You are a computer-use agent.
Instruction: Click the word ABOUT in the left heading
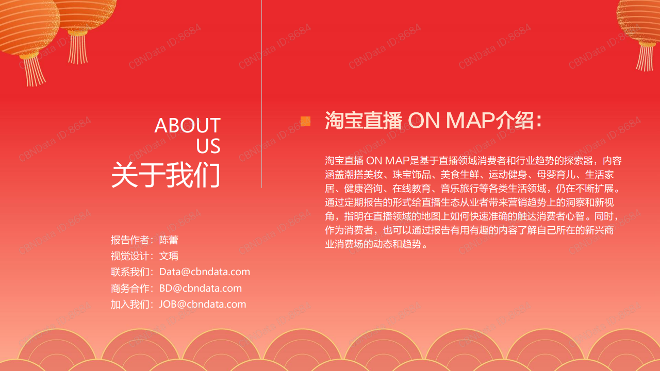pyautogui.click(x=187, y=125)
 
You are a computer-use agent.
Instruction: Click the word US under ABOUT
pyautogui.click(x=208, y=146)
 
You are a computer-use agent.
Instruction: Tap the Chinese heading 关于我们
pyautogui.click(x=166, y=175)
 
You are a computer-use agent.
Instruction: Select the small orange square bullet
pyautogui.click(x=305, y=121)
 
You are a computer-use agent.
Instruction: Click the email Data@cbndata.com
pyautogui.click(x=205, y=272)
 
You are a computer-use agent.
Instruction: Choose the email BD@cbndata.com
pyautogui.click(x=201, y=288)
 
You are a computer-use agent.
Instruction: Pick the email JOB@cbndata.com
pyautogui.click(x=203, y=304)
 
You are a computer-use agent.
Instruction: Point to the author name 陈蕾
pyautogui.click(x=169, y=240)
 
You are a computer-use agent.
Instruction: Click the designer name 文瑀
pyautogui.click(x=169, y=256)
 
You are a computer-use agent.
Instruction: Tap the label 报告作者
pyautogui.click(x=130, y=240)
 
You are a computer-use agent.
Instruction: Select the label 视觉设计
pyautogui.click(x=130, y=256)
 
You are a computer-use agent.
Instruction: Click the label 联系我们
pyautogui.click(x=130, y=272)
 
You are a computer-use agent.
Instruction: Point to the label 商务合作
pyautogui.click(x=130, y=288)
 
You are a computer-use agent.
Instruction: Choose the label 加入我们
pyautogui.click(x=130, y=304)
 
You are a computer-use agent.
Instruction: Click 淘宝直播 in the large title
pyautogui.click(x=364, y=121)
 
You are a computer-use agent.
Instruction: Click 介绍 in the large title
pyautogui.click(x=514, y=121)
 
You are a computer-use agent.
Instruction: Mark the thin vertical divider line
pyautogui.click(x=261, y=94)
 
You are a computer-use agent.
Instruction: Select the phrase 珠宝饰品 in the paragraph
pyautogui.click(x=411, y=175)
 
